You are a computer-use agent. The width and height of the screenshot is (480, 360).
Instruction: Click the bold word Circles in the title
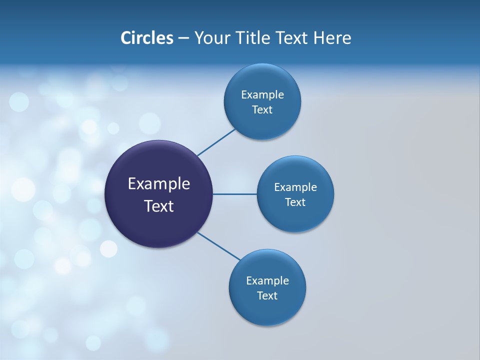click(147, 38)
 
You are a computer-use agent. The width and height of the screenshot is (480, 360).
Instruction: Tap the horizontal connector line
click(235, 194)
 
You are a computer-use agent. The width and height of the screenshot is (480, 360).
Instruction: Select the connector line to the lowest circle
click(219, 246)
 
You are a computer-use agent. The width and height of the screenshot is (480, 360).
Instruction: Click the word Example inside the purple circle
click(159, 183)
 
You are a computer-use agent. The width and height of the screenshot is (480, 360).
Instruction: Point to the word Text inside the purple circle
click(159, 206)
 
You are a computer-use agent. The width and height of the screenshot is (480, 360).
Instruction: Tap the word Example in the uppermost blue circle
click(262, 95)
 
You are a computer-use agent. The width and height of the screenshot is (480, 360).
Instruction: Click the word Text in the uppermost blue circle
click(262, 110)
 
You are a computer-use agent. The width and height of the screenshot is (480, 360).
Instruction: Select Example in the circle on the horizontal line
click(295, 187)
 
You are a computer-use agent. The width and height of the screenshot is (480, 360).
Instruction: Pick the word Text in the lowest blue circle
click(267, 296)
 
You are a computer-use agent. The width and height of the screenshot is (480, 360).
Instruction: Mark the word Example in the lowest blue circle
click(267, 281)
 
